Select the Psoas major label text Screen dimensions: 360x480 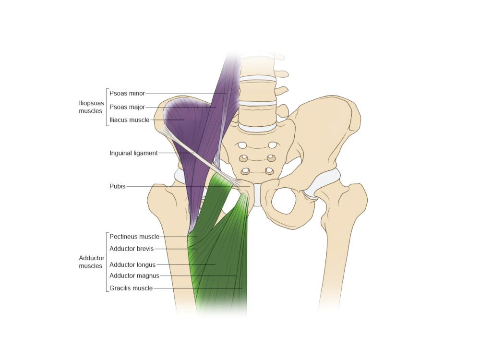[127, 107]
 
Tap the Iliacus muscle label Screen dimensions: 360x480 [129, 120]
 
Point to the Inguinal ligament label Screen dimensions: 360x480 [133, 153]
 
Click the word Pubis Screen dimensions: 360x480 [117, 186]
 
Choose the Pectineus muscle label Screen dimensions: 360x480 [134, 237]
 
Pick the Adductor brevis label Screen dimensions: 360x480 [131, 249]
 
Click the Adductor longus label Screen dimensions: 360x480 [132, 264]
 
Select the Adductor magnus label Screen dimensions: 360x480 [134, 276]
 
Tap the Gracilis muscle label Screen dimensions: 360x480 [131, 288]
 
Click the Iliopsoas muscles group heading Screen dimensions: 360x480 [90, 107]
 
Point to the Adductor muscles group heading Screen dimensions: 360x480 [91, 262]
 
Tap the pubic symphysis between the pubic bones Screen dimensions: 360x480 [257, 194]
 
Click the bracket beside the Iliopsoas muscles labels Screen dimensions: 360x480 [106, 107]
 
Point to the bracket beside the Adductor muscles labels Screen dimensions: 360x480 [106, 262]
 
